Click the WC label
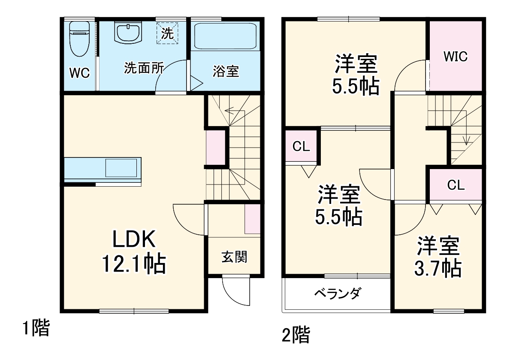pyautogui.click(x=79, y=73)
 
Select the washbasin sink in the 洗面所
pyautogui.click(x=127, y=33)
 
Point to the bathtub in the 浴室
pyautogui.click(x=225, y=36)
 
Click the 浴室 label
pyautogui.click(x=226, y=71)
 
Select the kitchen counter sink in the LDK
pyautogui.click(x=122, y=167)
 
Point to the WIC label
pyautogui.click(x=456, y=57)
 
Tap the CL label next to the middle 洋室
pyautogui.click(x=301, y=147)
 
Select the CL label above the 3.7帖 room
pyautogui.click(x=456, y=185)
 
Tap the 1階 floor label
pyautogui.click(x=36, y=329)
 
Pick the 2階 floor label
pyautogui.click(x=296, y=335)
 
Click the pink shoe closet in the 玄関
pyautogui.click(x=253, y=219)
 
